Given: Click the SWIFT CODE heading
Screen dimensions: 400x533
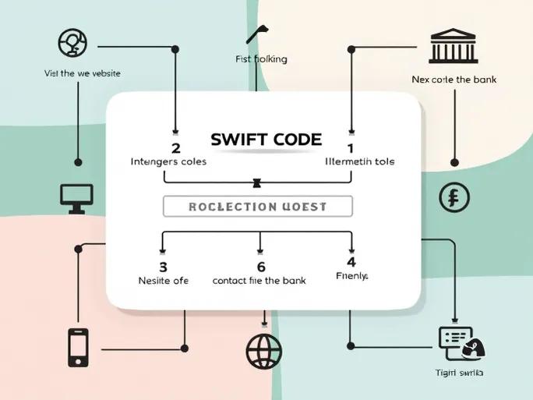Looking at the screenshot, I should pos(266,140).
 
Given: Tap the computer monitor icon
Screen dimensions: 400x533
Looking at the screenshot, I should pos(76,198).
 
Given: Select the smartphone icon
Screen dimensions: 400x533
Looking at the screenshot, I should pos(78,347).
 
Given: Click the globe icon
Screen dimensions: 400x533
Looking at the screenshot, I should pos(264,351).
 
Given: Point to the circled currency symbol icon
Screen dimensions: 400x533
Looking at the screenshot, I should pos(454,197).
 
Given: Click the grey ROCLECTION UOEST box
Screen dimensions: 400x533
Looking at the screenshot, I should pos(258,206).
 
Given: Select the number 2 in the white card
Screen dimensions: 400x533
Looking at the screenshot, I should pos(175,147).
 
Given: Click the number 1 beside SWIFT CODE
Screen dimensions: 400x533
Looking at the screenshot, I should pos(351,147).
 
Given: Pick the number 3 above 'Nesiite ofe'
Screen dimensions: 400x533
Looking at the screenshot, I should pos(164,266).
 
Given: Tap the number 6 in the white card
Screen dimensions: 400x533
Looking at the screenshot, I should pos(261,266).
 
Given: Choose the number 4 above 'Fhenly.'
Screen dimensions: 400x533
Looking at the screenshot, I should pos(351,262).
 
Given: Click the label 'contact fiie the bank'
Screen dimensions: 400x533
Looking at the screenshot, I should pos(259,280).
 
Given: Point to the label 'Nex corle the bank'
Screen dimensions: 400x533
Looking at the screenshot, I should pos(454,80).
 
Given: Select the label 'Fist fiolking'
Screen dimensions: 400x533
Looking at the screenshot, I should pos(261,59).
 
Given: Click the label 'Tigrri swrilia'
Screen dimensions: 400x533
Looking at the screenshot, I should pos(459,373).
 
